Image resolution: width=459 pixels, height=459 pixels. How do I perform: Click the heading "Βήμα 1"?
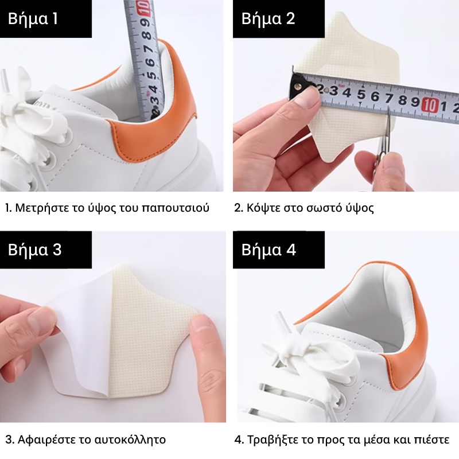[33, 18]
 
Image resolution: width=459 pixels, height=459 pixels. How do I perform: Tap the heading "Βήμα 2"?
[268, 18]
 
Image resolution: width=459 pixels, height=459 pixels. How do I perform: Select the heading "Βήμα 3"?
[34, 250]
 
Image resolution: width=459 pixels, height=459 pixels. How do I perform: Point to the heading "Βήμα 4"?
[269, 250]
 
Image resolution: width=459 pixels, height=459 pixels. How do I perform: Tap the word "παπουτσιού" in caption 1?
[176, 208]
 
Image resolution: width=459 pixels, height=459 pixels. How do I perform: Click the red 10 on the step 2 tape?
[430, 105]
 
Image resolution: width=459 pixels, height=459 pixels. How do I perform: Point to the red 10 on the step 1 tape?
[146, 7]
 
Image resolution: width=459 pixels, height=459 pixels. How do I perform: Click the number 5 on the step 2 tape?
[361, 94]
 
